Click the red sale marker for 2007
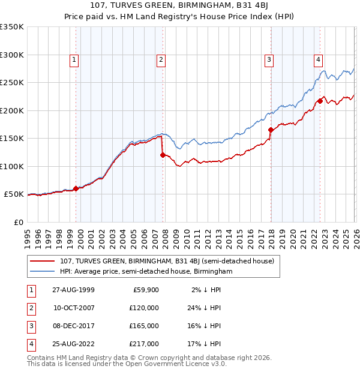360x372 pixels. (163, 155)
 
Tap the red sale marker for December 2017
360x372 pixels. (271, 130)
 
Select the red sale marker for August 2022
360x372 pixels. (320, 101)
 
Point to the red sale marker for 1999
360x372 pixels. (76, 188)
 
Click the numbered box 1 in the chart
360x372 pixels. (74, 59)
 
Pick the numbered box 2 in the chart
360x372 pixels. (161, 59)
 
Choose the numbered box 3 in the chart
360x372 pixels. (269, 59)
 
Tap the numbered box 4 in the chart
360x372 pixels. (318, 59)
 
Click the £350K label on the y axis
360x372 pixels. (12, 27)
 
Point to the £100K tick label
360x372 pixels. (12, 166)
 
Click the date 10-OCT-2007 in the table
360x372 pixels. (74, 307)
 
